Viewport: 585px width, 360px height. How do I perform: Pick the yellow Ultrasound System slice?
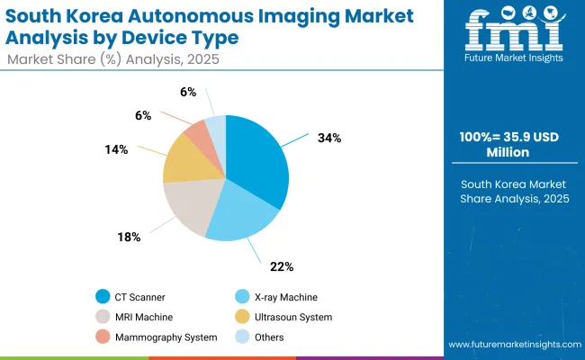pos(184,162)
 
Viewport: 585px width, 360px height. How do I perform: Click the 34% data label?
pos(328,139)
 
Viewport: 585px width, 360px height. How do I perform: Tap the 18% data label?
pos(129,237)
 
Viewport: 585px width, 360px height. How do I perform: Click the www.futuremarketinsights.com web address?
pos(512,345)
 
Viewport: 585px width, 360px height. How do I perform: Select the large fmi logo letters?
pos(513,31)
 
